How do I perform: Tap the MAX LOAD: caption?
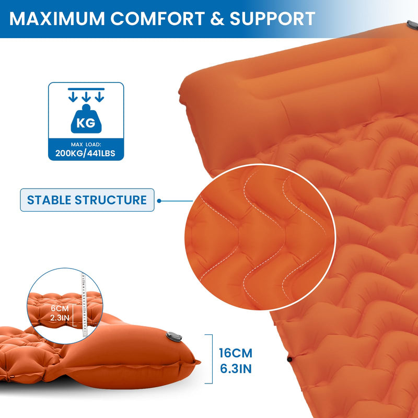pos(86,144)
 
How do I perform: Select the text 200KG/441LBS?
pos(86,153)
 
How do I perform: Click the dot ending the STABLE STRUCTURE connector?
pos(159,200)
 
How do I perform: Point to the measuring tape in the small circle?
pos(82,300)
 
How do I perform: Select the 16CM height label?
pos(236,353)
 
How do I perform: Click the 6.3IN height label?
pos(236,368)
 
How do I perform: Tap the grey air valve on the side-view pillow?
pos(171,338)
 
